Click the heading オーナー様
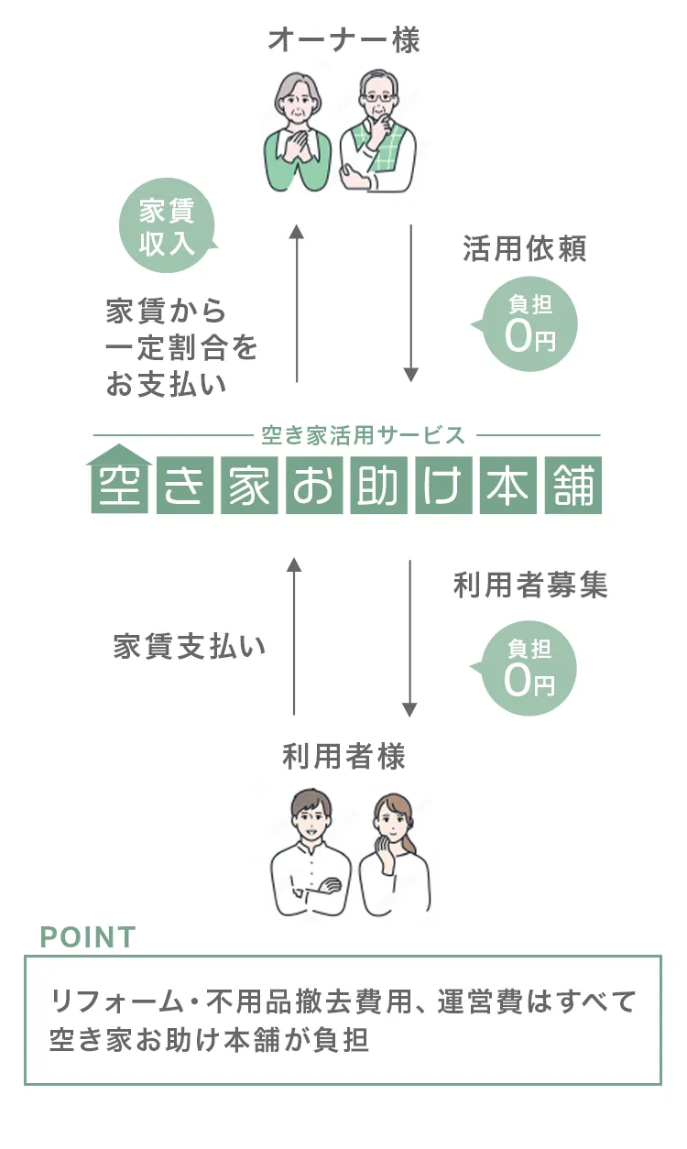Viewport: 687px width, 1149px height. point(343,40)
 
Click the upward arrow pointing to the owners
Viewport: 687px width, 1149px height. point(296,302)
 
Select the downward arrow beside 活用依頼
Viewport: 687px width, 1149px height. point(411,302)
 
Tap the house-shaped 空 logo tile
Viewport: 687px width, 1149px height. point(121,480)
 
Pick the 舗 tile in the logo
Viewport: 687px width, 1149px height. point(573,486)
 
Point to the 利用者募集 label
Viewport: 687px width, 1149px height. point(530,585)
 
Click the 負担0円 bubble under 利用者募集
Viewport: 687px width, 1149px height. point(530,670)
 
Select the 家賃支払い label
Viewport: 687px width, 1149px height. point(190,646)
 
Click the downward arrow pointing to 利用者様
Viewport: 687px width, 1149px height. point(409,638)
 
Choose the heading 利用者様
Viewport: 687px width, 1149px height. point(343,757)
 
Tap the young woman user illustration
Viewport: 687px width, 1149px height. point(394,857)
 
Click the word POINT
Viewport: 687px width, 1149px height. point(88,936)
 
